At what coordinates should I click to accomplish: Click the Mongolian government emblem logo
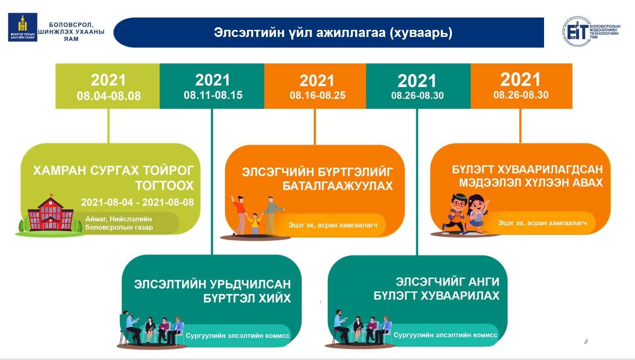23,27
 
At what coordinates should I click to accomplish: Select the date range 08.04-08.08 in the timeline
109,96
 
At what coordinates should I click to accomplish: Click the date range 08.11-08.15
213,95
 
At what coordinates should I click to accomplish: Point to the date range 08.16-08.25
317,95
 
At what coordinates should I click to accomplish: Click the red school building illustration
51,214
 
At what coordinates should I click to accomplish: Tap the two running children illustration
466,214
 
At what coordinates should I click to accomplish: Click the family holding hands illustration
257,215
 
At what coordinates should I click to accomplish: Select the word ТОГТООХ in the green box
164,185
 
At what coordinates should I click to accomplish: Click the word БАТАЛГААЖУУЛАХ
337,186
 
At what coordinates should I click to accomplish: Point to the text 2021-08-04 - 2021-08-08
138,202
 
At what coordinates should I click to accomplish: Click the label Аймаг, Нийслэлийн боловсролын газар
119,223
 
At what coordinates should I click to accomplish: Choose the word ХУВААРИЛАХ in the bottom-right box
460,296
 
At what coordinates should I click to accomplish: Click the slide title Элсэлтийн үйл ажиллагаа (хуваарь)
333,33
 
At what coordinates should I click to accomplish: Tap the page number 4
586,342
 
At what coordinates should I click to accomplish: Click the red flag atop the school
51,195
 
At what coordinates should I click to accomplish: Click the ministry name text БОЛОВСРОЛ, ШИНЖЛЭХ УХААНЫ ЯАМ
71,32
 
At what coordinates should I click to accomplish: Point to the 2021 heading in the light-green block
108,80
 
